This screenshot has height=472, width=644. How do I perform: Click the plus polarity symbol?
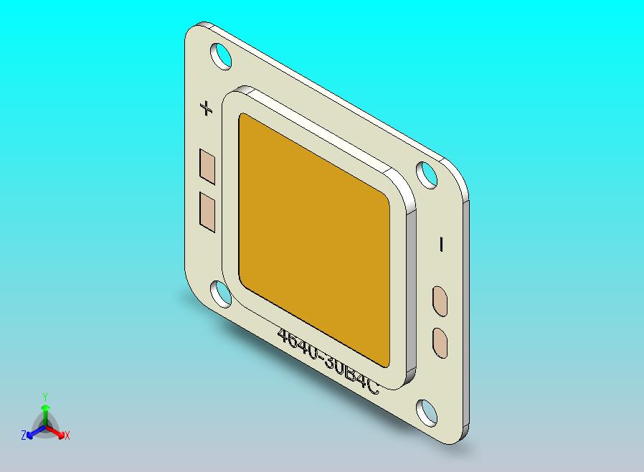click(207, 109)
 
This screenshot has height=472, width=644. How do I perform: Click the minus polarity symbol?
click(441, 245)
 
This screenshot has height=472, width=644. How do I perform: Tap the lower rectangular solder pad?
click(207, 211)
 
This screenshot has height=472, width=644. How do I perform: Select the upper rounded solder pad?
click(440, 301)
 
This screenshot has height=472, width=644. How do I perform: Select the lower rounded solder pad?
click(440, 341)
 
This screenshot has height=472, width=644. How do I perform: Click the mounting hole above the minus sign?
click(428, 174)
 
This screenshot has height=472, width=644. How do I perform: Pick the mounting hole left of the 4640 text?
click(221, 293)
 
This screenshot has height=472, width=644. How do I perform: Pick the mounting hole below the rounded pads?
click(427, 412)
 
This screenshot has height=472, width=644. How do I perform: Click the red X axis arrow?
click(59, 433)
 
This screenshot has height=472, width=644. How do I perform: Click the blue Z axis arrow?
click(32, 433)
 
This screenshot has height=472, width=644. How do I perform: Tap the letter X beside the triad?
click(67, 435)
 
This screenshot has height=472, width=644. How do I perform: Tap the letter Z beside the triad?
click(24, 435)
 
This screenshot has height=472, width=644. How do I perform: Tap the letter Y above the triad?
click(44, 397)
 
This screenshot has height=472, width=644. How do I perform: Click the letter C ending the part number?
click(372, 387)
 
